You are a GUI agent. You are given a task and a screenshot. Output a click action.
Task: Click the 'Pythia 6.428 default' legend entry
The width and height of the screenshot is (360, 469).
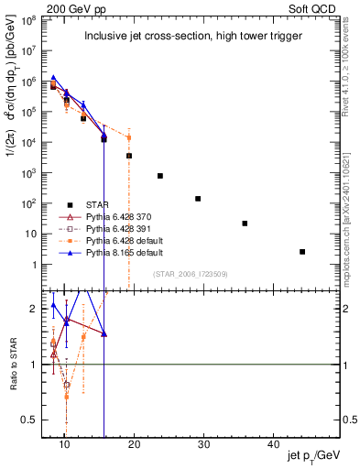point(125,238)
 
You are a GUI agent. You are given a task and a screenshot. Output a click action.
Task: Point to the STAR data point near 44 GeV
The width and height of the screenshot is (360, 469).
point(302,252)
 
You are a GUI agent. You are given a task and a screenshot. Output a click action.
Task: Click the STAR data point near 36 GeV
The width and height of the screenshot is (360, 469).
point(245,224)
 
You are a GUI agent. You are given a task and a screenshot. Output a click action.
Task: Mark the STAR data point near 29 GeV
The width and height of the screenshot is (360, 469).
point(198,199)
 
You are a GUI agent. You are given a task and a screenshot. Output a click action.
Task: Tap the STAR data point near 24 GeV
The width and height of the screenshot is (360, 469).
point(160,176)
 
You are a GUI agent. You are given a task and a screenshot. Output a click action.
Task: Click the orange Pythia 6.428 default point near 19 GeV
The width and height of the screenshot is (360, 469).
point(129,137)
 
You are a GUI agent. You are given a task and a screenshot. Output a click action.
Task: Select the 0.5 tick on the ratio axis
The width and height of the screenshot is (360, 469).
point(36,420)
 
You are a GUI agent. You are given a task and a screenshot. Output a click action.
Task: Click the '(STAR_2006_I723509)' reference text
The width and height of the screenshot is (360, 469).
point(191,274)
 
